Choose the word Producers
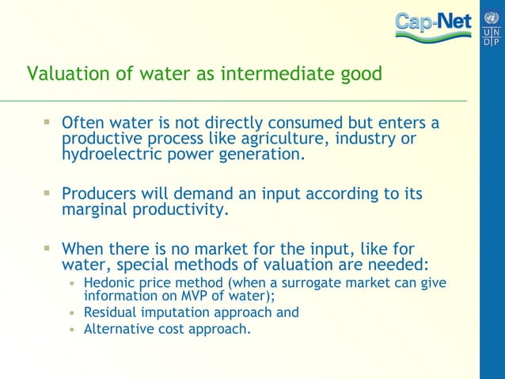[x=97, y=194]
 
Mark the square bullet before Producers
[x=47, y=193]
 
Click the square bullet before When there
[x=47, y=247]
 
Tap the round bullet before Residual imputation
[x=72, y=313]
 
